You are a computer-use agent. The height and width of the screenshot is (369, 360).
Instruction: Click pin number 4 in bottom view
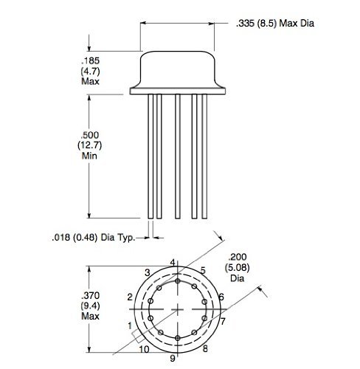[174, 262]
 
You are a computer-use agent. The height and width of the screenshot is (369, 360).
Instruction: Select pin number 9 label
[172, 358]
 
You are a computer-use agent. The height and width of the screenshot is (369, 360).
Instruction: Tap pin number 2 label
[130, 297]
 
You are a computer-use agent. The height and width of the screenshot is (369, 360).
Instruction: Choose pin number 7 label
[222, 322]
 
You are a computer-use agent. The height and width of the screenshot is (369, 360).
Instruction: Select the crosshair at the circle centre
[178, 308]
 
